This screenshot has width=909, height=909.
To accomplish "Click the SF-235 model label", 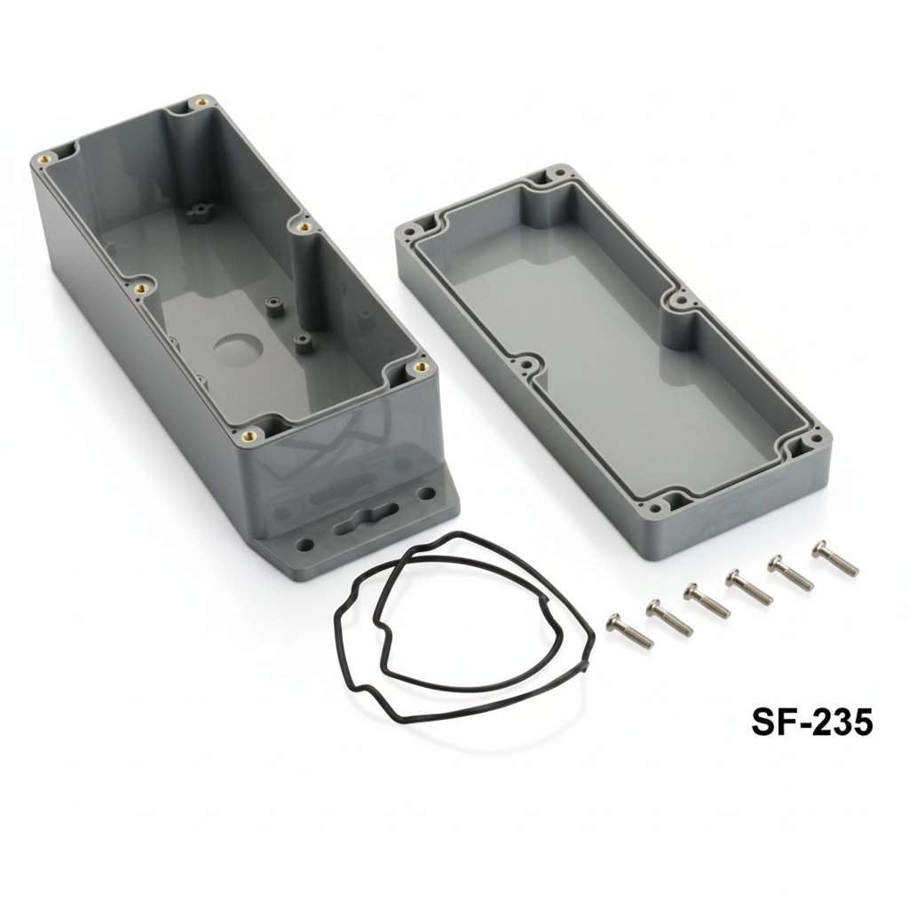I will (812, 722).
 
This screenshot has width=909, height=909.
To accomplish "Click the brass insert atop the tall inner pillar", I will (304, 228).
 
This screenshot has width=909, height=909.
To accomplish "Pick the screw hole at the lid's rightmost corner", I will (814, 439).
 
